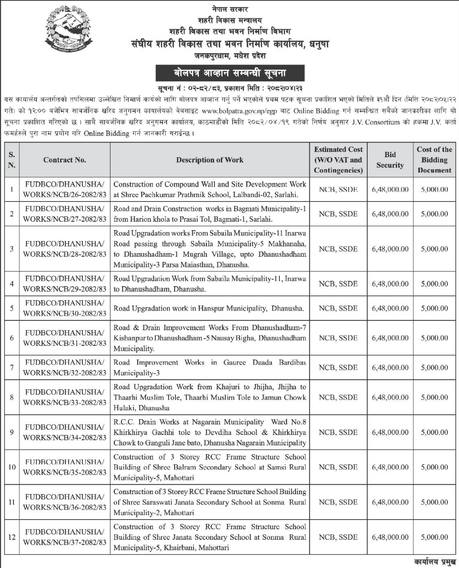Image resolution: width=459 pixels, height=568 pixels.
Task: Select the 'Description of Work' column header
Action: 210,160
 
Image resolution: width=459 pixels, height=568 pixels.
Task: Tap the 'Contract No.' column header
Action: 64,160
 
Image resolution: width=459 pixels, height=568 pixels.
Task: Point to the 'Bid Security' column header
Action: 390,160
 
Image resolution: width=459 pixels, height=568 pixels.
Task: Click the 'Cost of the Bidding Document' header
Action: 434,160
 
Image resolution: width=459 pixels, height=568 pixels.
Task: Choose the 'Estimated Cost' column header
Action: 338,160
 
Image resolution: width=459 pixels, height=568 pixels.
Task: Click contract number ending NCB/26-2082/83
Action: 64,189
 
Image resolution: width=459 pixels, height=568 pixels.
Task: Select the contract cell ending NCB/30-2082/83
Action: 64,308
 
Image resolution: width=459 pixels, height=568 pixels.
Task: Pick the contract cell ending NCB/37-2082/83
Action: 64,537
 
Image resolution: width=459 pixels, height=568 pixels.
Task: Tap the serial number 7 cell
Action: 12,367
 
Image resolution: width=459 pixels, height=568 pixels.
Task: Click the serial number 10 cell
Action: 12,467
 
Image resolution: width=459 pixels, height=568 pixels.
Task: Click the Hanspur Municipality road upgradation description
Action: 209,308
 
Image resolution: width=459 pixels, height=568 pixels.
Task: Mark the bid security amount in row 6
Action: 390,338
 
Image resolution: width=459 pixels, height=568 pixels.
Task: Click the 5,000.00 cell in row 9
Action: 434,432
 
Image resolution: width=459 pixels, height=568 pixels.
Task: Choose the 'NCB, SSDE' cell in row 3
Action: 338,249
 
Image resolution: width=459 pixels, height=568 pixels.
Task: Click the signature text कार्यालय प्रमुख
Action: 434,562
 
